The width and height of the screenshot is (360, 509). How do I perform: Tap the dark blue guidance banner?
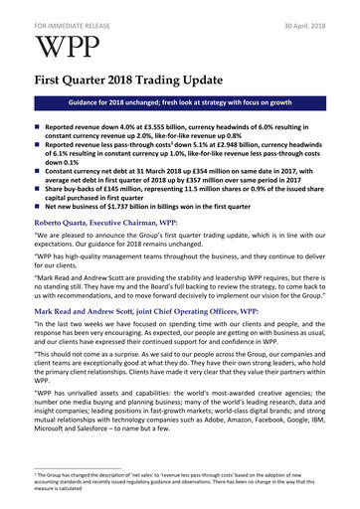coord(179,102)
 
